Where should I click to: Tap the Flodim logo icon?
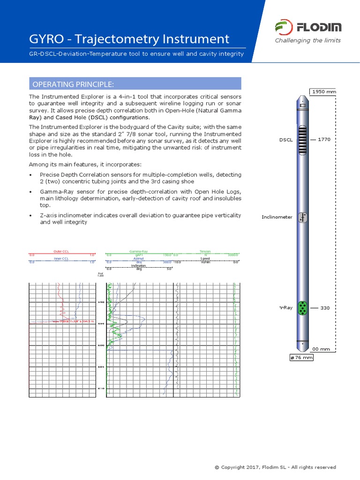(x=283, y=28)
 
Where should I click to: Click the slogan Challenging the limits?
(x=307, y=40)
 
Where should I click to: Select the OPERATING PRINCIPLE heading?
(x=73, y=84)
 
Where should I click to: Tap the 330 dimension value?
(x=325, y=308)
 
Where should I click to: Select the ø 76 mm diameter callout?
(x=301, y=358)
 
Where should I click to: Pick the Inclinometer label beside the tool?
(x=277, y=217)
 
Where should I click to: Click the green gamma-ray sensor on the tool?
(x=303, y=308)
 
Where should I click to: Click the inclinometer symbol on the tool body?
(x=303, y=217)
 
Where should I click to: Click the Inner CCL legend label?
(x=61, y=258)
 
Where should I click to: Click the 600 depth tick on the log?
(x=101, y=345)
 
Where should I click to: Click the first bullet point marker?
(x=30, y=175)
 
